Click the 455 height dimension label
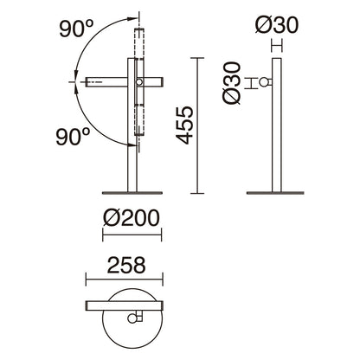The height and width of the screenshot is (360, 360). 184,125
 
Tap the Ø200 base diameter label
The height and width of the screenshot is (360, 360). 132,218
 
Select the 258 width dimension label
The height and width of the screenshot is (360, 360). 126,265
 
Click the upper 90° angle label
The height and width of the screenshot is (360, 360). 76,29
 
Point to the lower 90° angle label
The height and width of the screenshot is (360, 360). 73,137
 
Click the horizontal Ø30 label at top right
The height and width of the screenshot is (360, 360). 277,24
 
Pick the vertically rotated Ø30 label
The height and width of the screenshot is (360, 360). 232,83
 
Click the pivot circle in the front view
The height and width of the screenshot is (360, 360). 139,82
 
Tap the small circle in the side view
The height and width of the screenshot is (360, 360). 263,82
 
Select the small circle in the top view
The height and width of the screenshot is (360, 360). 132,318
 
